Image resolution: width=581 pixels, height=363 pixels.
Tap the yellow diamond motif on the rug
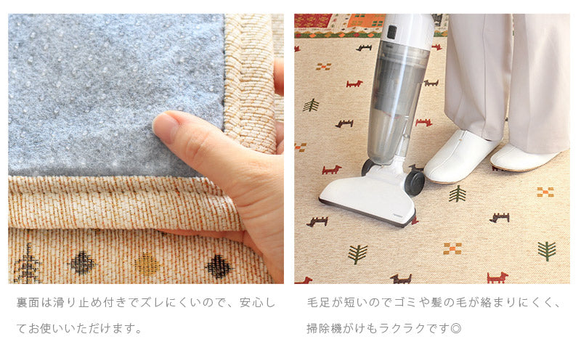click(x=147, y=264)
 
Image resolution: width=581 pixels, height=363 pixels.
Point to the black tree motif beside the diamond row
click(x=28, y=264)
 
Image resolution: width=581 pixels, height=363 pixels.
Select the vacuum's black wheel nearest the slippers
click(x=415, y=183)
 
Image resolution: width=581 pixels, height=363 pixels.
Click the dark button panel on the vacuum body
click(x=391, y=32)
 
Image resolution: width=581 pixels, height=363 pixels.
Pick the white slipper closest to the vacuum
click(x=460, y=156)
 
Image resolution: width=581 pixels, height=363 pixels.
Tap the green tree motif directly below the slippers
click(x=458, y=194)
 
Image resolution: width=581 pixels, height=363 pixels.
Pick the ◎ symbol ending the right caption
click(x=456, y=328)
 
